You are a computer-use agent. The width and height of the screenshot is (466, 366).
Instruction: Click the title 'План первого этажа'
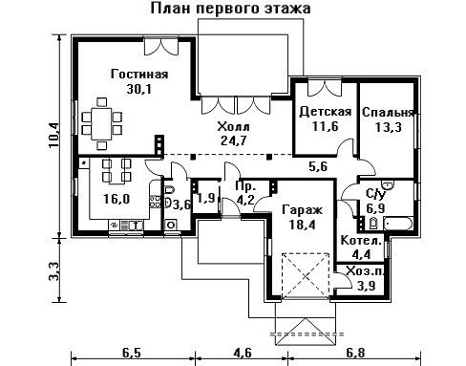click(x=230, y=9)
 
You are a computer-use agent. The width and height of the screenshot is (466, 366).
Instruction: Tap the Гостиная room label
click(x=139, y=75)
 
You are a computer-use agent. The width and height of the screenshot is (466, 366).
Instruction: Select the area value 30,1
click(x=139, y=89)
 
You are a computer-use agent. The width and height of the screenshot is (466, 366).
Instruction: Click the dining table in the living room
click(x=101, y=123)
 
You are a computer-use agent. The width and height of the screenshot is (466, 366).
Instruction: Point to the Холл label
click(x=234, y=126)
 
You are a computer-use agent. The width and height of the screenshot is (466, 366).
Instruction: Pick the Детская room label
click(x=326, y=112)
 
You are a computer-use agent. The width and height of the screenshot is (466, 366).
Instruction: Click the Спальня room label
click(x=388, y=113)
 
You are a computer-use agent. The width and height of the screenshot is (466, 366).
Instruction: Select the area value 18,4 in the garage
click(x=302, y=225)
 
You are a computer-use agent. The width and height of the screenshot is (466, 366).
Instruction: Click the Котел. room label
click(x=361, y=241)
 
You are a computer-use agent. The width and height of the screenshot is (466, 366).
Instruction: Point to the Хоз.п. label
click(x=366, y=271)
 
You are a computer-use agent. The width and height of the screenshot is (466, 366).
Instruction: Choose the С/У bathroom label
click(x=376, y=194)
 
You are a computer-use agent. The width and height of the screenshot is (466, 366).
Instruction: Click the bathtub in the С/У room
click(x=398, y=224)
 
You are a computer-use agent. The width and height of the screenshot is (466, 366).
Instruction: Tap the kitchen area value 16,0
click(x=116, y=199)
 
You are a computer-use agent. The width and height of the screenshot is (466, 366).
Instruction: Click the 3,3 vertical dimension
click(x=54, y=271)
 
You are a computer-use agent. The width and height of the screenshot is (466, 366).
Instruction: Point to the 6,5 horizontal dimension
click(x=131, y=353)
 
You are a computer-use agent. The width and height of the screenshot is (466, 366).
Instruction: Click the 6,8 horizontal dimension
click(x=355, y=353)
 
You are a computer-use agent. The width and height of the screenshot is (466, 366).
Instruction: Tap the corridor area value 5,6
click(x=318, y=166)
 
